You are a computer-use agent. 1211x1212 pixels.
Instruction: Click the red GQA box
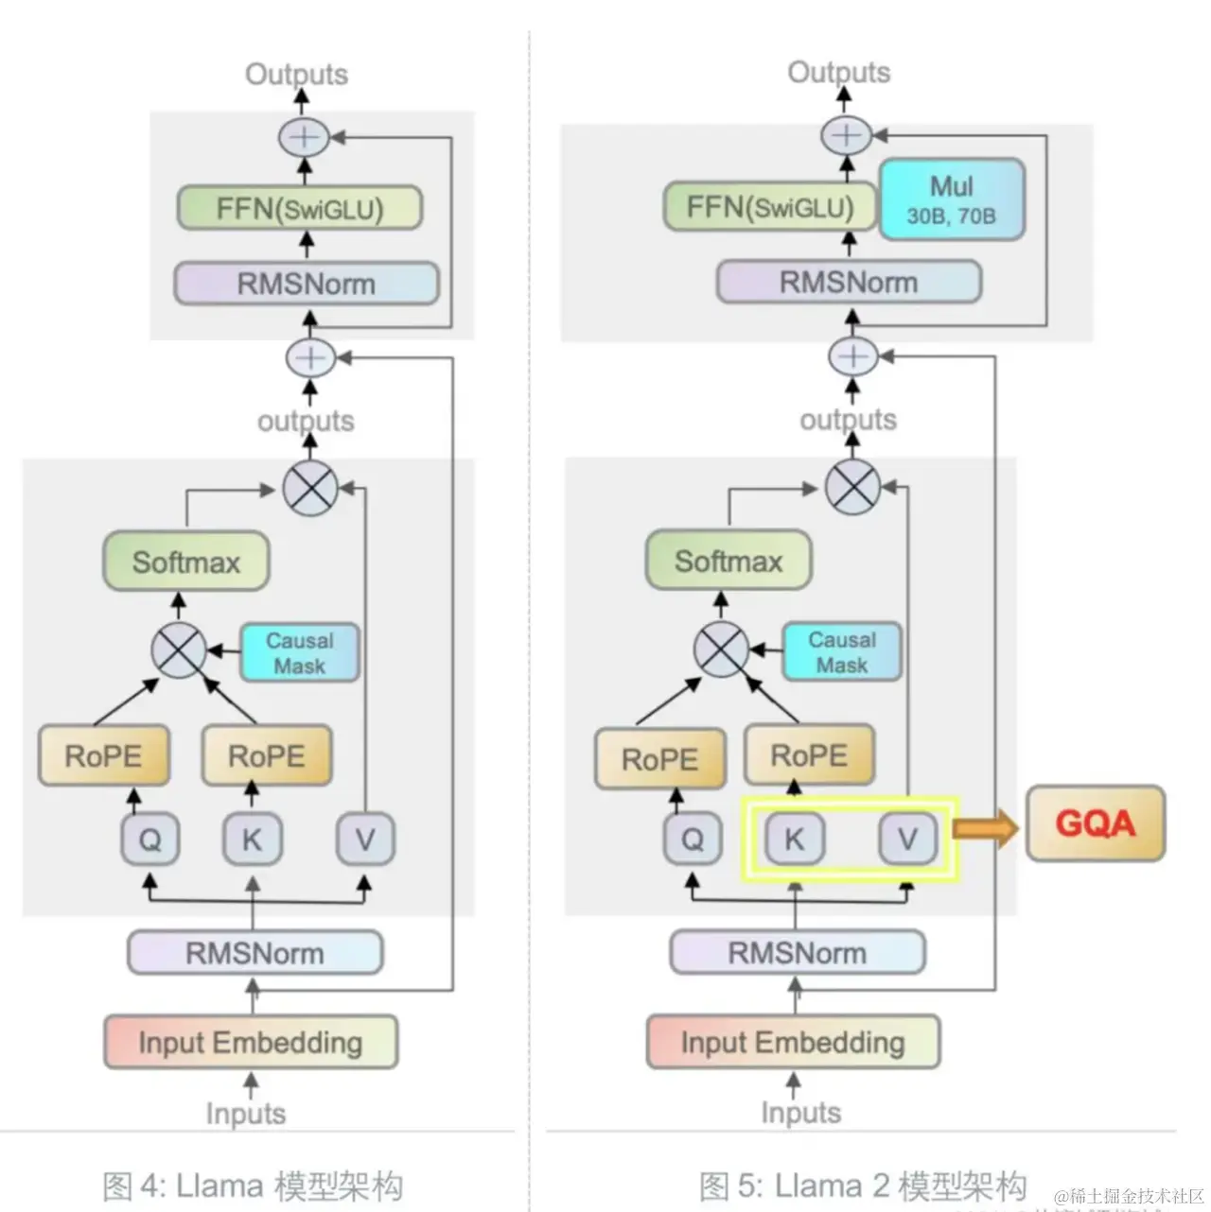(1096, 822)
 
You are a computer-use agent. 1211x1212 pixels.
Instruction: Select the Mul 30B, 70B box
(951, 199)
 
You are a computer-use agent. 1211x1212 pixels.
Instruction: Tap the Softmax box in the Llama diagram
(185, 563)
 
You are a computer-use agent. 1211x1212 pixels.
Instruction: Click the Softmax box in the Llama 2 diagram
(728, 562)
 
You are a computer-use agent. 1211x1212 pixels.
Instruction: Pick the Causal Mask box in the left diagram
(299, 652)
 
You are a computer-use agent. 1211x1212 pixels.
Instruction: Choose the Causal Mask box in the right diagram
(841, 651)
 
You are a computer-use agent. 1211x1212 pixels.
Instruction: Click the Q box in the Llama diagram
(149, 839)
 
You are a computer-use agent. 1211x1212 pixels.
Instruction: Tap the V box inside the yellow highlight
(907, 838)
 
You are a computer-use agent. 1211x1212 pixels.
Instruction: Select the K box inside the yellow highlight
(794, 838)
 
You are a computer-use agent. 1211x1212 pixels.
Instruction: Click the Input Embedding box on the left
(250, 1042)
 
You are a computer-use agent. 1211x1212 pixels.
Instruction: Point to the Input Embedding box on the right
(792, 1042)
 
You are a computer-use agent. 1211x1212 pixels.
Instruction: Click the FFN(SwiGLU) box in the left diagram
(299, 208)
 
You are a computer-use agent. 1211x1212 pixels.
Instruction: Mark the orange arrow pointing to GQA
(985, 829)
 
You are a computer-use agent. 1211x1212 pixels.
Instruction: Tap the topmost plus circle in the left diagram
(303, 137)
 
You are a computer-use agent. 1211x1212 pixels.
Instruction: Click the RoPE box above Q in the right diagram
(659, 758)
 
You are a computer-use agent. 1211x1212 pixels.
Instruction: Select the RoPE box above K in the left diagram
(267, 755)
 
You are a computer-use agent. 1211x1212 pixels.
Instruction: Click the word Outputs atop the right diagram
(838, 72)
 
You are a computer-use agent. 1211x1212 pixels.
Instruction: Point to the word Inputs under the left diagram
(245, 1114)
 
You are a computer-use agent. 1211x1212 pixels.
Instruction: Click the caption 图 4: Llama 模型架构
(252, 1186)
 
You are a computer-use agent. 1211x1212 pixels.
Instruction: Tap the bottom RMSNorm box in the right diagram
(797, 952)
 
